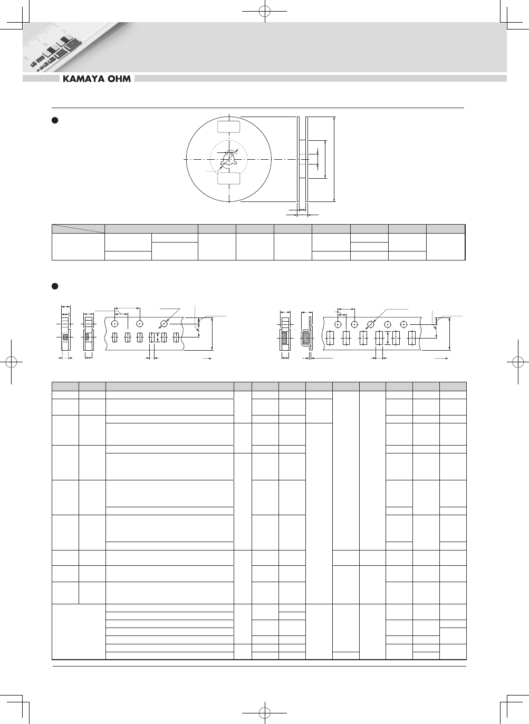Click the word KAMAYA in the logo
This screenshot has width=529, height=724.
(83, 79)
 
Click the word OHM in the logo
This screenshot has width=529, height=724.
(119, 79)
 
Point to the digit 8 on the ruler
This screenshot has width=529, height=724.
(45, 45)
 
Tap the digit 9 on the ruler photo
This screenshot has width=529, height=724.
(64, 31)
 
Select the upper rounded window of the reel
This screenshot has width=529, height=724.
(228, 127)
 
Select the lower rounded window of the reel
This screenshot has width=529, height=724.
(228, 178)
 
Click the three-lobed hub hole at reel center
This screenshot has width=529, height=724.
(229, 159)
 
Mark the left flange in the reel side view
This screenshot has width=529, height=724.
(299, 159)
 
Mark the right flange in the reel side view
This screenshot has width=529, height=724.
(307, 159)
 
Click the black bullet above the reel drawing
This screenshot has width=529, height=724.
(55, 120)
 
